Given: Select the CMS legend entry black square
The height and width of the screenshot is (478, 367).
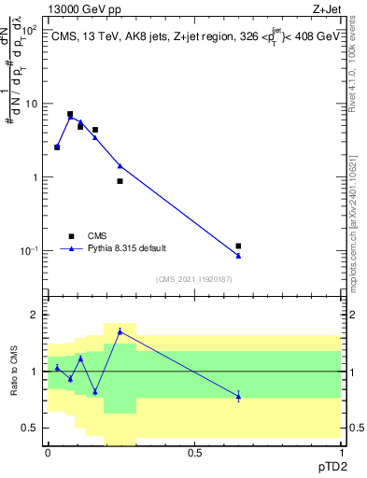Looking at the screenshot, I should point(70,235).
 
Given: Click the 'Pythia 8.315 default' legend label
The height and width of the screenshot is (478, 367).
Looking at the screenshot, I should point(128,248).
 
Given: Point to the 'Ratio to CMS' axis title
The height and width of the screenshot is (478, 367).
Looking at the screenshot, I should point(14,371).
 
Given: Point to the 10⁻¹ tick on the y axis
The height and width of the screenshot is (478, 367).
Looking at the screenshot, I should point(30,251).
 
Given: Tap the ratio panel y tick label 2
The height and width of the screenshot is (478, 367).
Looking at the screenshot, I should point(35,315).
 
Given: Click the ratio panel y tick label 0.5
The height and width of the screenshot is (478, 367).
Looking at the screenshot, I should point(31,428).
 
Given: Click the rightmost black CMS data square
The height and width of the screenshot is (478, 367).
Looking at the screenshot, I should point(238,246).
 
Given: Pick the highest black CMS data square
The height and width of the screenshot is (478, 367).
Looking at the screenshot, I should point(70,114).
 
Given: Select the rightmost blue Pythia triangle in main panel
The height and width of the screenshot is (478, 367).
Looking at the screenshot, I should point(238,255).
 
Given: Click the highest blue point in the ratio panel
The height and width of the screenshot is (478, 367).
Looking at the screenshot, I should point(120,331).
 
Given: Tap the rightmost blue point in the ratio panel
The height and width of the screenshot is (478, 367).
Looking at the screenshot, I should point(238,396).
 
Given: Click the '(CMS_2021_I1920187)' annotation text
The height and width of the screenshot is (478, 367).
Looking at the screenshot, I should point(192,279).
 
